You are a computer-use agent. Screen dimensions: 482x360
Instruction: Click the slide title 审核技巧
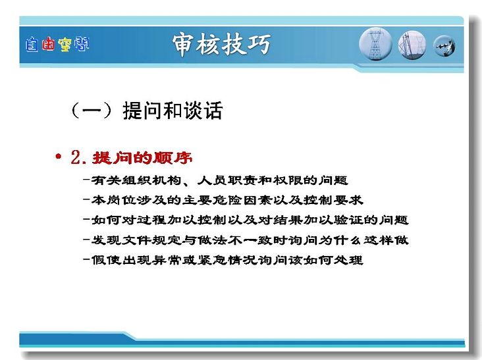[x=221, y=45]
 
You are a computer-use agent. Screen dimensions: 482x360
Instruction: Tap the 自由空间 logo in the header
[x=57, y=45]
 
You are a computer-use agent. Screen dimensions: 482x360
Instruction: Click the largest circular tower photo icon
[x=375, y=44]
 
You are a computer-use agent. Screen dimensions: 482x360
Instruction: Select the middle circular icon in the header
[x=412, y=45]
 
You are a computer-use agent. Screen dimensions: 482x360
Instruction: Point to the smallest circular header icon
[x=444, y=46]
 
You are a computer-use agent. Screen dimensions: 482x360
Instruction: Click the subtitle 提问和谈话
[x=173, y=111]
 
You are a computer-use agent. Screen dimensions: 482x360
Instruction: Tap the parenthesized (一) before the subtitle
[x=92, y=111]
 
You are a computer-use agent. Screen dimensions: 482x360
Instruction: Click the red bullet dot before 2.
[x=58, y=157]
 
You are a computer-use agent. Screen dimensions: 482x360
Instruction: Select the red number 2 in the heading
[x=75, y=157]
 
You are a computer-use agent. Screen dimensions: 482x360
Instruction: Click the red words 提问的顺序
[x=142, y=158]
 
